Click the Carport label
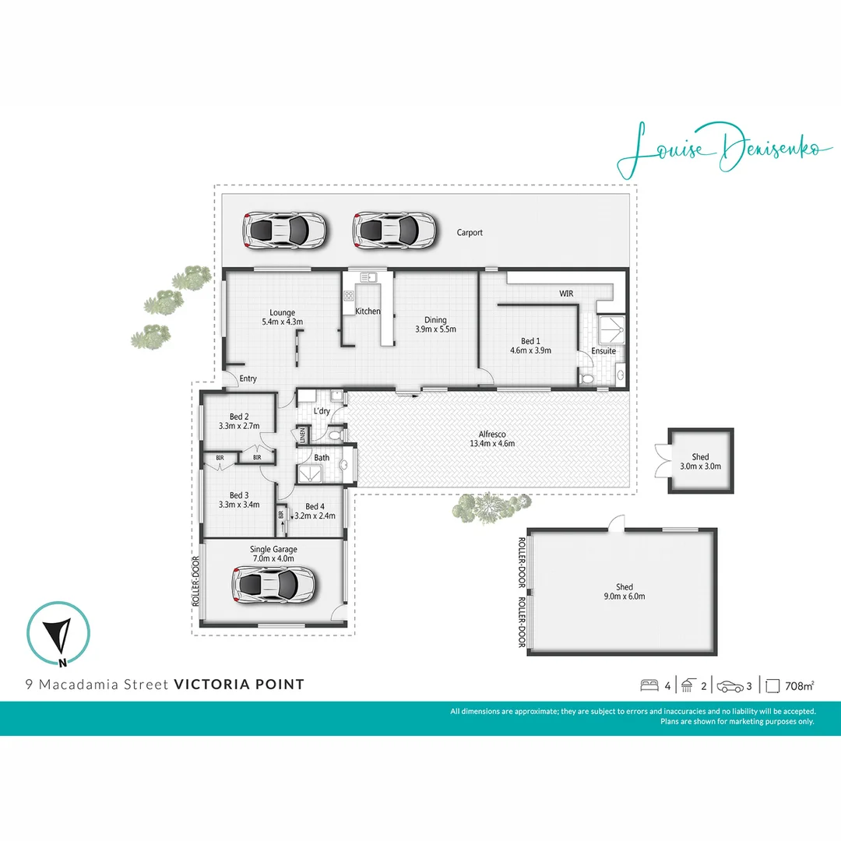470,232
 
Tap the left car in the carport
285,230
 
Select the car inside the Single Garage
276,584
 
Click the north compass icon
59,635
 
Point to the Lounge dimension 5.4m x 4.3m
282,322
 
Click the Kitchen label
368,311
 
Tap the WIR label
566,294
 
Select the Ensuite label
603,351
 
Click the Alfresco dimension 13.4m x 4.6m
491,444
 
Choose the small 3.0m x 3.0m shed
701,461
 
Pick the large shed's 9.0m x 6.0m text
625,596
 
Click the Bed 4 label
315,506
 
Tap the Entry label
248,379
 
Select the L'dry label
321,411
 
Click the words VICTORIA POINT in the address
239,685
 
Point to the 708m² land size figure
800,686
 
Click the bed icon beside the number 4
649,686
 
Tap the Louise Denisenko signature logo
718,150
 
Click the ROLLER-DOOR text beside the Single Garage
195,581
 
